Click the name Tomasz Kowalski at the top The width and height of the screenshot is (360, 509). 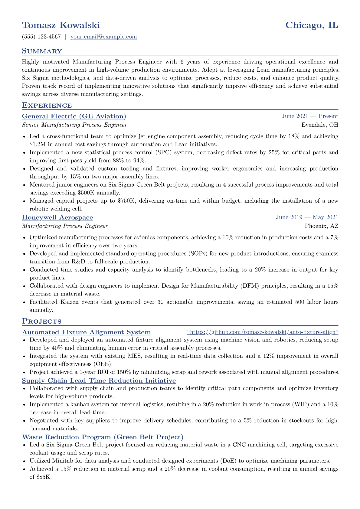[61, 25]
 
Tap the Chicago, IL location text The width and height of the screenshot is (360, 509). [312, 25]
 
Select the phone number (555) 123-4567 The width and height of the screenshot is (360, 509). [41, 37]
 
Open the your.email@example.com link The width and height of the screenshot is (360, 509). [103, 37]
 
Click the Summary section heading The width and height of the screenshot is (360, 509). [42, 51]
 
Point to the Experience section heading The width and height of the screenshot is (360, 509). [47, 105]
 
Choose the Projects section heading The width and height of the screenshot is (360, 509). [41, 321]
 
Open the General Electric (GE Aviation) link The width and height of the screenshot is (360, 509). [74, 116]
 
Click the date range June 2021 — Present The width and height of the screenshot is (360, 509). [310, 116]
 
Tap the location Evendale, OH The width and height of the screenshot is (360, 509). [320, 125]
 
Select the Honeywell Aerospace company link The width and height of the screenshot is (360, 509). [57, 217]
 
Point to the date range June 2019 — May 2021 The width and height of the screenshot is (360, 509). [307, 217]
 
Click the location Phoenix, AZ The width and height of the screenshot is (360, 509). [322, 226]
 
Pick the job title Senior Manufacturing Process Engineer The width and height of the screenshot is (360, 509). [74, 125]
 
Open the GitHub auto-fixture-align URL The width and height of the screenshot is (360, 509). [263, 332]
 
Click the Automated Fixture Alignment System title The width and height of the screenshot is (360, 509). [86, 332]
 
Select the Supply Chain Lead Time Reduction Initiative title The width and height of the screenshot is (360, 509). [99, 380]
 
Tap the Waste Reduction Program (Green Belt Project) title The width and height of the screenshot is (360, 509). [103, 437]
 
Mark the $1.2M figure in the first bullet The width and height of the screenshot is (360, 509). [37, 145]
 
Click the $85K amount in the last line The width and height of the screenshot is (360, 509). [44, 477]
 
